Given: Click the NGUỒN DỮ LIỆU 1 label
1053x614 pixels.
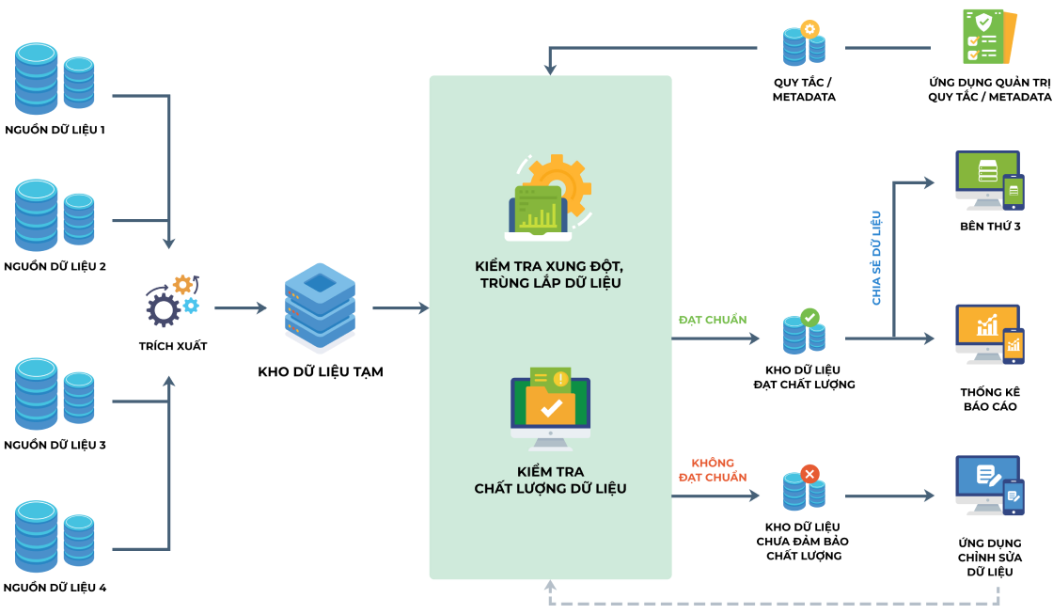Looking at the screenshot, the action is pos(55,130).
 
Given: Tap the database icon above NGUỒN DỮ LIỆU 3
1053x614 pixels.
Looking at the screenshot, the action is pos(55,394).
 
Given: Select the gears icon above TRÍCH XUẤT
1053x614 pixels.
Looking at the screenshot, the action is pos(173,300).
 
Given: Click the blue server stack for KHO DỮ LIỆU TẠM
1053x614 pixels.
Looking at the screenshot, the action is pos(320,308).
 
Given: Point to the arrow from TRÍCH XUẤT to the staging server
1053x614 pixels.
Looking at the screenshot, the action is pos(241,308).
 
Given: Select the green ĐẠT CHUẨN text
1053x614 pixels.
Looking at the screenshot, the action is pos(713,320).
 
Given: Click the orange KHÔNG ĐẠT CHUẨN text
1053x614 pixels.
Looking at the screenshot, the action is pos(713,470).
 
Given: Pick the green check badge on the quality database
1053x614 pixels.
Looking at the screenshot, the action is pos(809,317).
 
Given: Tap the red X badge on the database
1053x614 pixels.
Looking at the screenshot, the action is pos(809,474).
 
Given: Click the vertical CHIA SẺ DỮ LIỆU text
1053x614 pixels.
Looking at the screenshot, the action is pos(875,258).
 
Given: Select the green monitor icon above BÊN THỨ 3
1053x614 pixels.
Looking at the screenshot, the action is pos(990,180).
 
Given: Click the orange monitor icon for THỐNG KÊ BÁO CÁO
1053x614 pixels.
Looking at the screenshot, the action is pos(990,335).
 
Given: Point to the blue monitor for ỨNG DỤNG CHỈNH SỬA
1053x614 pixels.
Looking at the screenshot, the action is pos(990,486).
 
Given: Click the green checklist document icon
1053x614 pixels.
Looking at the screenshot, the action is pos(989,37).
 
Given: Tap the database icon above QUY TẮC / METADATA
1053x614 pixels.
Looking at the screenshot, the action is pos(804,43).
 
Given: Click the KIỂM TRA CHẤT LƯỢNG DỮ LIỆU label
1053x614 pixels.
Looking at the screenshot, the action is pos(551,480).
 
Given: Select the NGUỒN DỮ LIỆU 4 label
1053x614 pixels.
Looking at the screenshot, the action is pos(55,588).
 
